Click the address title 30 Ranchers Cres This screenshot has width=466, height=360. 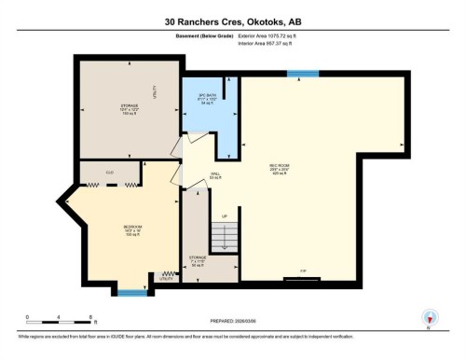coord(232,19)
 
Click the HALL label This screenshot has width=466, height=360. coord(213,173)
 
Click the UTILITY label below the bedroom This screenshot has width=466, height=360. coord(166,279)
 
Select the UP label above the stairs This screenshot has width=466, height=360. coord(224,217)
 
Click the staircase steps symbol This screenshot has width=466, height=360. coord(224,240)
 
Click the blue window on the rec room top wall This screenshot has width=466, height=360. coord(303,73)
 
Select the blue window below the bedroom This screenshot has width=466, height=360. coord(132,293)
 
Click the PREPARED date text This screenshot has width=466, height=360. coord(232,316)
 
